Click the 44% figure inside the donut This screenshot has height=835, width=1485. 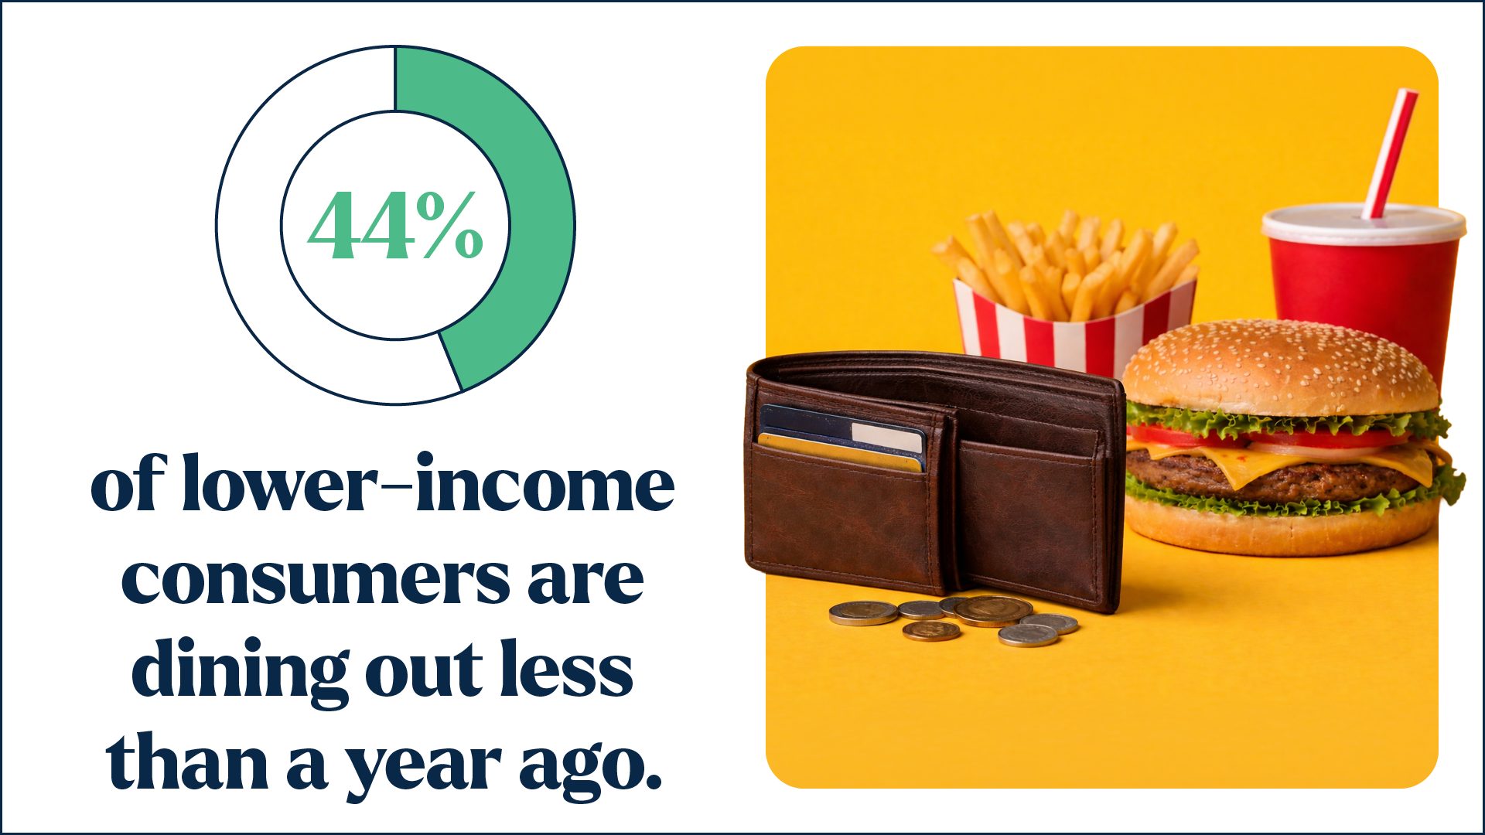[395, 225]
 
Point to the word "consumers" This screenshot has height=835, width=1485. [315, 578]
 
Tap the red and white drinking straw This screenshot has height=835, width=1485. [1390, 153]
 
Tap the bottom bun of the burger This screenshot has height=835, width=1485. [1281, 527]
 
